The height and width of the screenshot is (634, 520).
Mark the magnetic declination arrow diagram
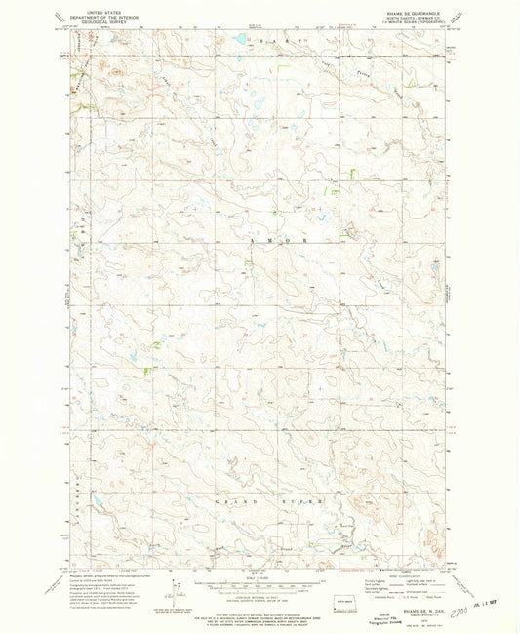(x=176, y=589)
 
